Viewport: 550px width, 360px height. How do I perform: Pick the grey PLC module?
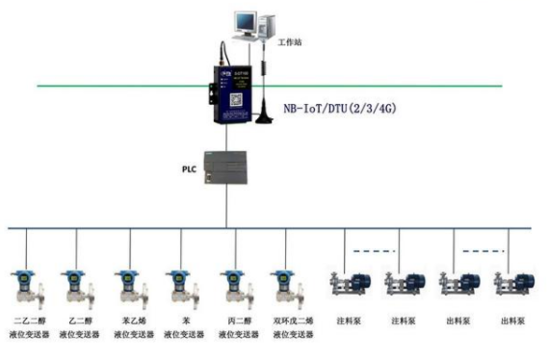(224, 167)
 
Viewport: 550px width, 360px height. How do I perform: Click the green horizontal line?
(120, 86)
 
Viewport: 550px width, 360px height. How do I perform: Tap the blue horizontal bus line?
(120, 228)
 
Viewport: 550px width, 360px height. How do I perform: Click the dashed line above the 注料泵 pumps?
(376, 250)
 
